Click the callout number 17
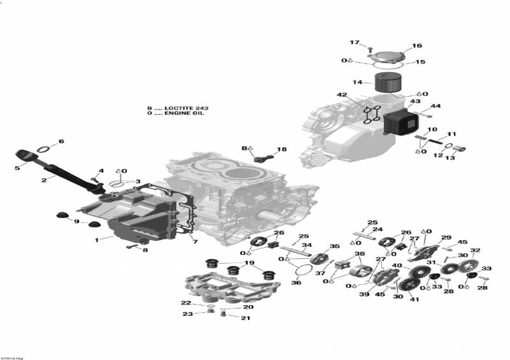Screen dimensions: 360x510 click(354, 42)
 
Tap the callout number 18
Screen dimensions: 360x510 click(281, 150)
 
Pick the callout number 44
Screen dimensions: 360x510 click(436, 106)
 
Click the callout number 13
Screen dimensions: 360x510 click(450, 158)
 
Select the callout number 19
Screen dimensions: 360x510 click(249, 263)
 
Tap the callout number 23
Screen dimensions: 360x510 click(187, 313)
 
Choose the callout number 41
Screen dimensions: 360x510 click(414, 299)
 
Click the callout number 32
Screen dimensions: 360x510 click(475, 250)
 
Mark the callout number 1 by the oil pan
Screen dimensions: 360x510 click(97, 240)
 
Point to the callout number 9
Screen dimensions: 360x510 click(76, 221)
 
